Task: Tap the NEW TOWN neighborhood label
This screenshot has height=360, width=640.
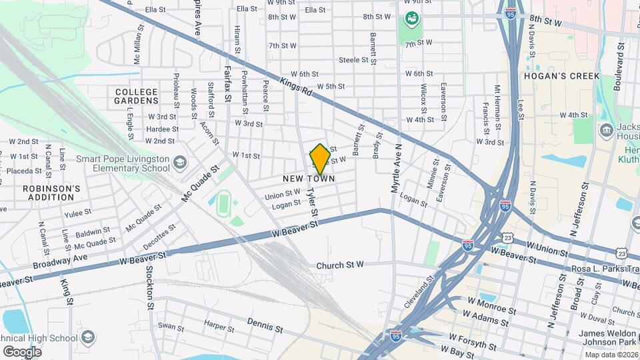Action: (309, 179)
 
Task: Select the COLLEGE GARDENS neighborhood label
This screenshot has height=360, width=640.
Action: (137, 96)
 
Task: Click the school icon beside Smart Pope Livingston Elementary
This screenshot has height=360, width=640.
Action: (179, 163)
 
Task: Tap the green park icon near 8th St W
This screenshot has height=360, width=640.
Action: (411, 20)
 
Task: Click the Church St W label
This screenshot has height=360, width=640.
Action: (340, 265)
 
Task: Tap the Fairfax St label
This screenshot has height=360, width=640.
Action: (227, 83)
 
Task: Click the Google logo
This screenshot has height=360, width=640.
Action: (21, 351)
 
